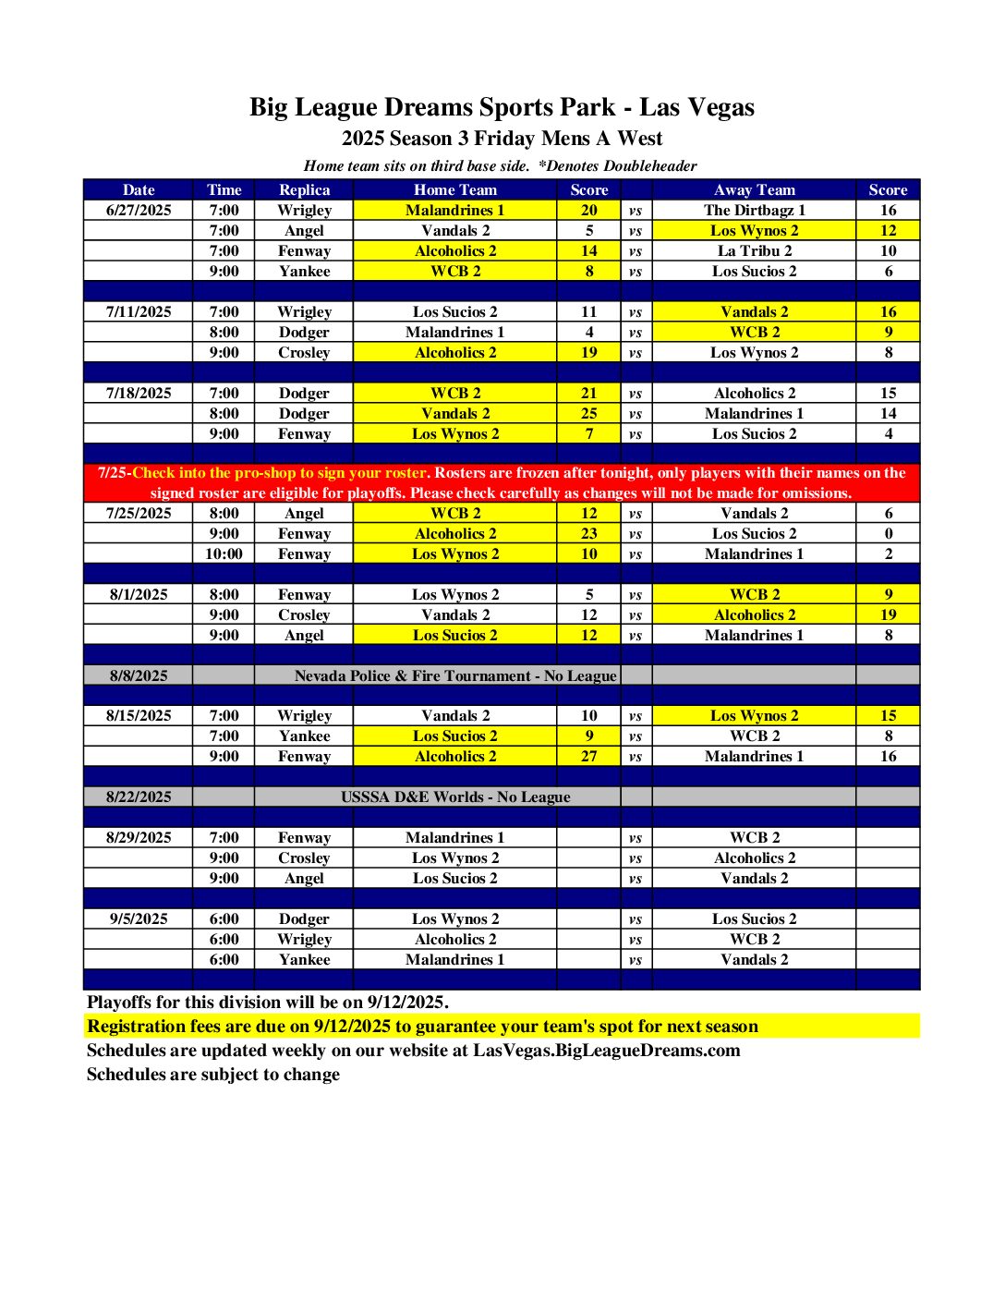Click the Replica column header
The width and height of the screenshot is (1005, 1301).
click(304, 189)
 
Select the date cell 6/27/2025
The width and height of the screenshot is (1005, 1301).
click(139, 210)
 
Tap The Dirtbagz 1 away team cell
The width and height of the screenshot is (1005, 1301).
click(754, 210)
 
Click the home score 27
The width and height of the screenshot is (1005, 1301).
click(588, 756)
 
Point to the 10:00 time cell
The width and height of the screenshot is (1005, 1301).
click(224, 553)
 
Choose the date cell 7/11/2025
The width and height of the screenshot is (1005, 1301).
click(139, 311)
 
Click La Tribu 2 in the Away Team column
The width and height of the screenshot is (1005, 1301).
click(754, 250)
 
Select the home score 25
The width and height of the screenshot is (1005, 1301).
click(588, 413)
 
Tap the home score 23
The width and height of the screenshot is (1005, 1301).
click(588, 533)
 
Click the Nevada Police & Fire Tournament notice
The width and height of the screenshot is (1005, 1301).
click(454, 675)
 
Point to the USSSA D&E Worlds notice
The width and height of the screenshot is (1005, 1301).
click(454, 796)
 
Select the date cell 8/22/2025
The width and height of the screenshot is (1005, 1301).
click(139, 796)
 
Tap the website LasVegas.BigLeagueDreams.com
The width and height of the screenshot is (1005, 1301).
click(606, 1050)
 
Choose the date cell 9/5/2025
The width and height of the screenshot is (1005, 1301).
click(139, 918)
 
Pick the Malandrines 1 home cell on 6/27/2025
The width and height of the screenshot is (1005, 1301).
click(454, 210)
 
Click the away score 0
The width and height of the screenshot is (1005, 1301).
click(888, 533)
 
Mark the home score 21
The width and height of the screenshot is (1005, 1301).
click(588, 393)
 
